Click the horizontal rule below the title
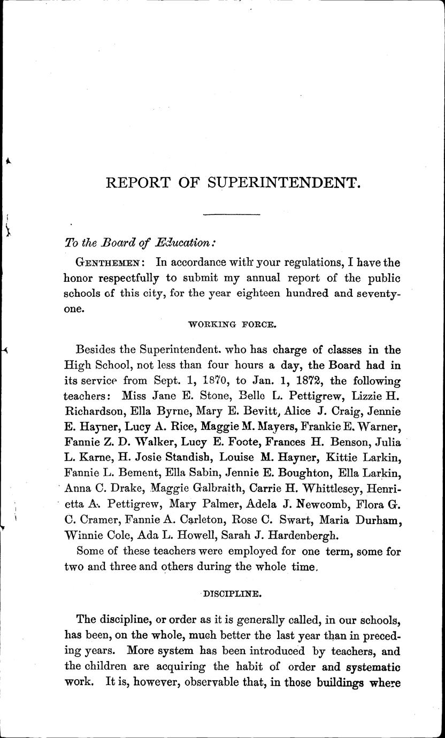tap(231, 215)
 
